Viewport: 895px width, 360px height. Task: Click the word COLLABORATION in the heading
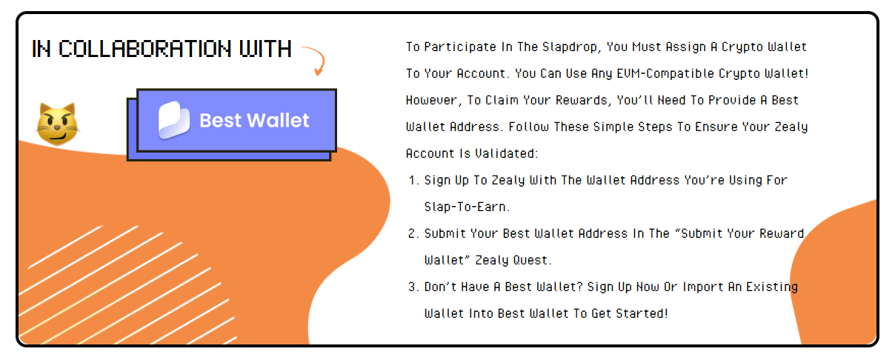click(x=145, y=49)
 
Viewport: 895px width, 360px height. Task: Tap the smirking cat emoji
click(x=58, y=124)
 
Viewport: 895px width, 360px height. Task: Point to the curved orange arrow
click(x=315, y=60)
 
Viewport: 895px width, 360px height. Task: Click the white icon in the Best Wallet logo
click(x=174, y=120)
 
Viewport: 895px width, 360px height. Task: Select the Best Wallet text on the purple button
click(x=254, y=120)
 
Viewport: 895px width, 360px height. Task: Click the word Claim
click(x=502, y=100)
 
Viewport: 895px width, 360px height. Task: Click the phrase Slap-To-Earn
click(x=467, y=207)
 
